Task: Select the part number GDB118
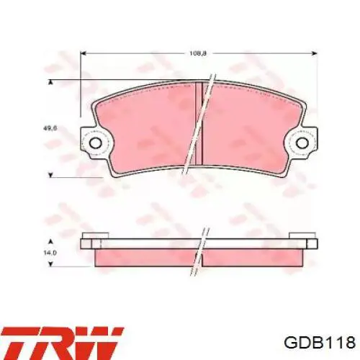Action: pos(320,342)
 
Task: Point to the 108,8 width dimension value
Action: pos(198,53)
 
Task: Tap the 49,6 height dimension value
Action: pos(50,128)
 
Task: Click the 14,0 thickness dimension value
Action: pos(50,253)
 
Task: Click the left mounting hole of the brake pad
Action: pos(96,143)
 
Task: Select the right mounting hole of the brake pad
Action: pos(302,143)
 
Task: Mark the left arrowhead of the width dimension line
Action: pos(83,53)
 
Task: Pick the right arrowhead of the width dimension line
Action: pos(315,53)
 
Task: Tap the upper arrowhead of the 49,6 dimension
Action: pos(50,83)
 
